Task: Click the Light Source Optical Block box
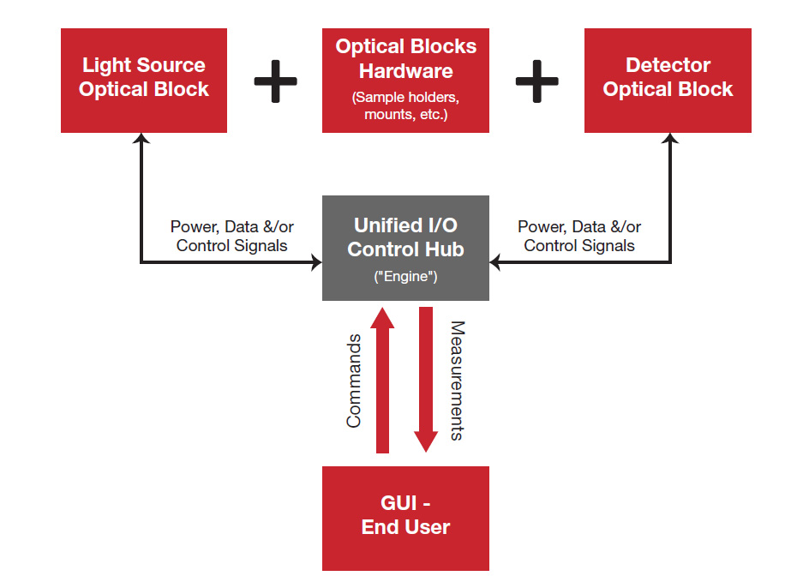pyautogui.click(x=144, y=81)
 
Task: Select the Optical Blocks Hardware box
pyautogui.click(x=405, y=81)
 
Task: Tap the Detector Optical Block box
pyautogui.click(x=668, y=81)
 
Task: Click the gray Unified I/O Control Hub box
pyautogui.click(x=405, y=248)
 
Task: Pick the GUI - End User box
pyautogui.click(x=405, y=519)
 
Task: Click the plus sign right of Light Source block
pyautogui.click(x=275, y=81)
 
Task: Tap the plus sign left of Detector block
pyautogui.click(x=536, y=81)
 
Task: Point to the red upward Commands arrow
pyautogui.click(x=382, y=380)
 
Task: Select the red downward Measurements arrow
pyautogui.click(x=426, y=380)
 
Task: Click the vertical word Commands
pyautogui.click(x=354, y=381)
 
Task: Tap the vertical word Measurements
pyautogui.click(x=458, y=380)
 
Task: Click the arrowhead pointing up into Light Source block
pyautogui.click(x=141, y=138)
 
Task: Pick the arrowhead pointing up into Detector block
pyautogui.click(x=670, y=138)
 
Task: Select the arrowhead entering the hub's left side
pyautogui.click(x=317, y=262)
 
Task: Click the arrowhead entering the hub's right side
pyautogui.click(x=495, y=262)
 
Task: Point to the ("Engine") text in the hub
pyautogui.click(x=405, y=277)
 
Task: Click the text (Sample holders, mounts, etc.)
pyautogui.click(x=405, y=105)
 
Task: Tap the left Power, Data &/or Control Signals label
pyautogui.click(x=231, y=236)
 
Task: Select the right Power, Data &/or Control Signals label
pyautogui.click(x=579, y=236)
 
